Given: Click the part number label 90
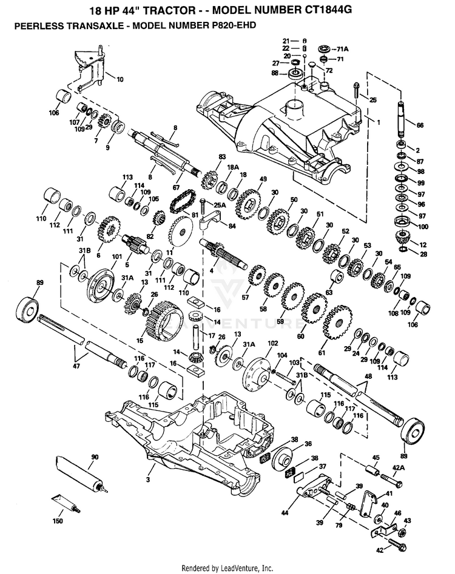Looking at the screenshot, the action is [95, 457].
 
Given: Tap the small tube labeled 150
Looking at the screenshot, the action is [66, 503].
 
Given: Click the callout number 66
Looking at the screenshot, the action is [420, 125].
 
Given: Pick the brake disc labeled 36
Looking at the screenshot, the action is [283, 458].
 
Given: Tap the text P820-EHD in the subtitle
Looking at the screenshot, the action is [234, 25].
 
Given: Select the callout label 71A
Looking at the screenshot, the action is [343, 48].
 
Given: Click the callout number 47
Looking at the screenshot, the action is [76, 365].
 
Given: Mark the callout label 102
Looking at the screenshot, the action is [273, 344].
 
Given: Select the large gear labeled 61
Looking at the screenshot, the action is [338, 322].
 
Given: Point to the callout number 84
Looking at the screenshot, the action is [232, 226].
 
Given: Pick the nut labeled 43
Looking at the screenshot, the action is [401, 532].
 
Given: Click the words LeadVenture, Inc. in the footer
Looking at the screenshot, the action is [246, 568].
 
